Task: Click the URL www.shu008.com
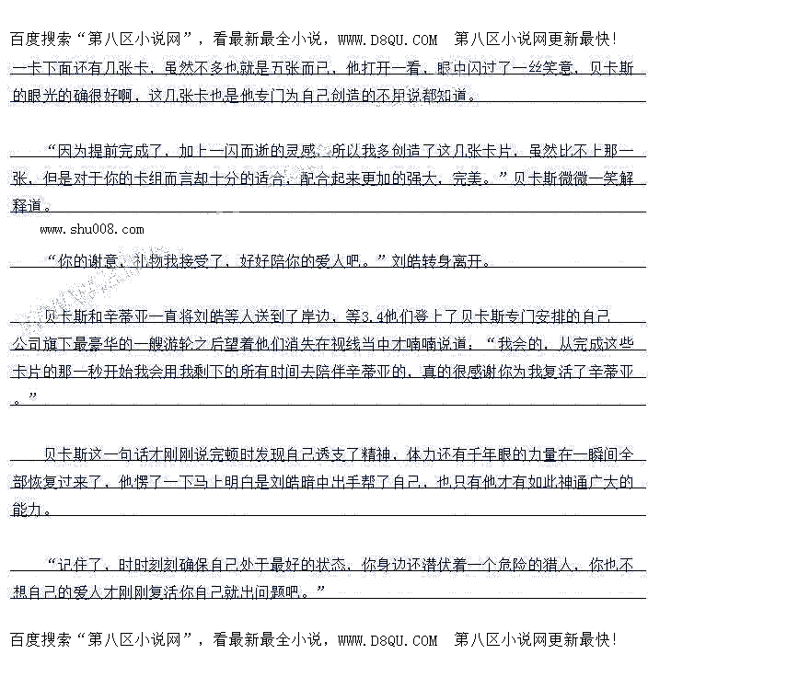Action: click(92, 229)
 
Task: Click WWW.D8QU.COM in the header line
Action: click(388, 40)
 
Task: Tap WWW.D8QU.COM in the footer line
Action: click(388, 640)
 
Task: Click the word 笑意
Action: click(549, 68)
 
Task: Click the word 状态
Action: click(330, 564)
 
